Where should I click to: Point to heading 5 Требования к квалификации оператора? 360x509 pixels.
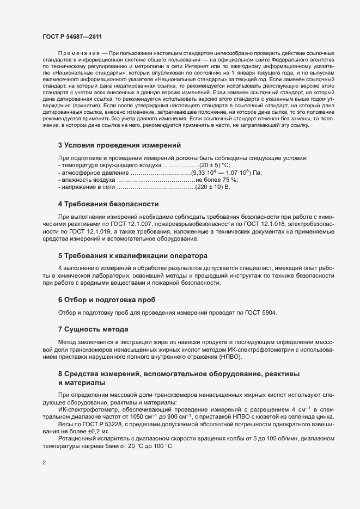pos(133,255)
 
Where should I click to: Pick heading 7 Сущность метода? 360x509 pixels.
pos(93,329)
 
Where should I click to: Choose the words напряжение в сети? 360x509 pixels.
pos(84,188)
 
